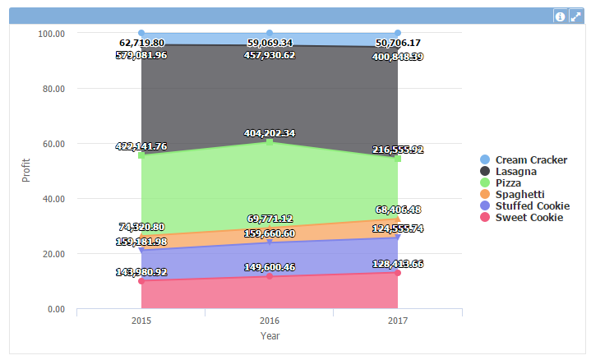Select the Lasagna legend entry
click(x=516, y=171)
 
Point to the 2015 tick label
click(x=141, y=321)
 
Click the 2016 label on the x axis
click(x=270, y=321)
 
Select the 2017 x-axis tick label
click(x=398, y=321)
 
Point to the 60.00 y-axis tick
click(x=53, y=143)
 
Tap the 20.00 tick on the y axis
click(x=53, y=254)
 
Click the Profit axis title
click(x=26, y=170)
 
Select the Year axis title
click(x=270, y=335)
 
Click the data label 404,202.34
click(x=270, y=132)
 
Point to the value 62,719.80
click(x=141, y=43)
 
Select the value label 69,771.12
click(x=270, y=218)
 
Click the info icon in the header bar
click(x=560, y=16)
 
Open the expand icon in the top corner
click(x=575, y=16)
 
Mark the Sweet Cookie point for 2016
click(x=270, y=276)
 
